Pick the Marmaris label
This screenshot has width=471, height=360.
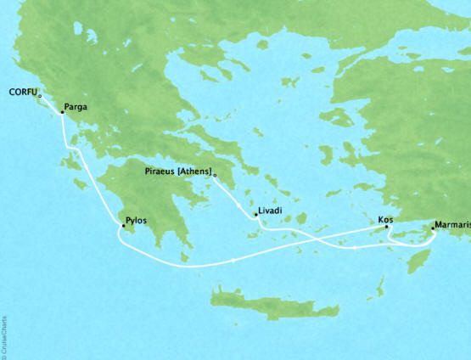(450, 225)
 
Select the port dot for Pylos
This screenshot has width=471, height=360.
(123, 225)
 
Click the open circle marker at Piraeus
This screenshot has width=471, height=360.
(216, 177)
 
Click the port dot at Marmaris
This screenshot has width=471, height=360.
(432, 230)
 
